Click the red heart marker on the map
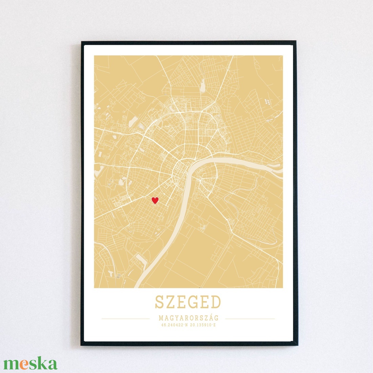pos(155,200)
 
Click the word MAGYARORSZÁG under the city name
pos(188,318)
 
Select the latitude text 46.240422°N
pos(175,325)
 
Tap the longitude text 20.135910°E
pos(202,325)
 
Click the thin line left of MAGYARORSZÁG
pos(125,319)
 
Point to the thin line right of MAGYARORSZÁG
pos(250,319)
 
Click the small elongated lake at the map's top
pos(202,85)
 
